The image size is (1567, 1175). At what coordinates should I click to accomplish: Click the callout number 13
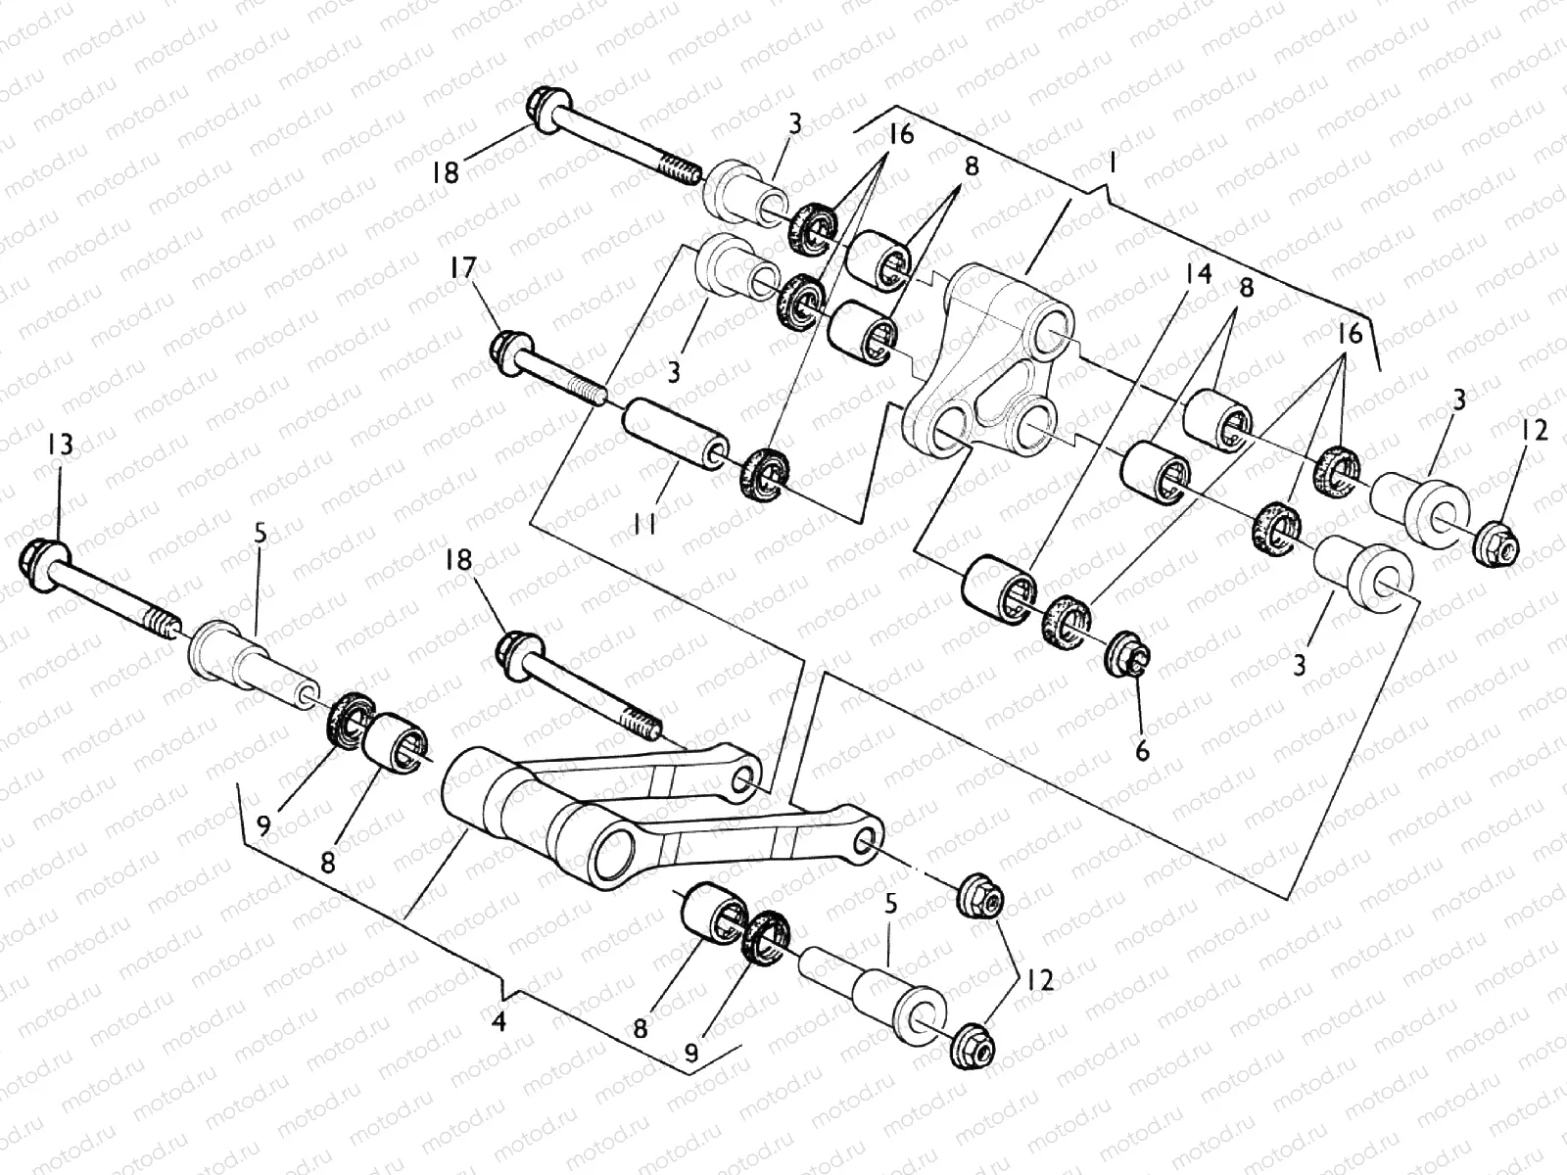pos(59,446)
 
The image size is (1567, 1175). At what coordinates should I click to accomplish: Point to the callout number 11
pos(643,526)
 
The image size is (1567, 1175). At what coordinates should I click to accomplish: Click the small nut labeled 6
pos(1123,654)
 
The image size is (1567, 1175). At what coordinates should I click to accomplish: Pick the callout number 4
pos(499,1023)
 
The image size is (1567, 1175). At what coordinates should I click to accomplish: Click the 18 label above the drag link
pos(459,560)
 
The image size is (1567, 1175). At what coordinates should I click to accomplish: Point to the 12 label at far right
pos(1536,429)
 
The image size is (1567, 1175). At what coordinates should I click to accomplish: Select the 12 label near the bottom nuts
pos(1039,979)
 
